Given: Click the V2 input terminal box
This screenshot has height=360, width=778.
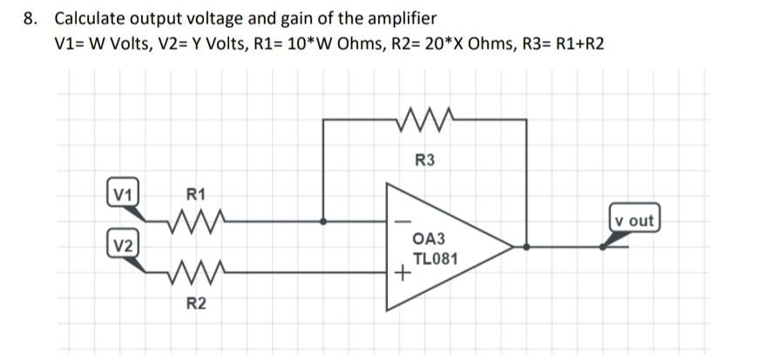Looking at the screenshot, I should pos(123,245).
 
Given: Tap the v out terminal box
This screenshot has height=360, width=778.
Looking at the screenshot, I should pos(634,220).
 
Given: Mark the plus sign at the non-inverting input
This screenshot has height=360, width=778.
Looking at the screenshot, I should pos(402,275).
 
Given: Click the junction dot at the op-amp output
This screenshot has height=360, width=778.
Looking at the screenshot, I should pos(526,248).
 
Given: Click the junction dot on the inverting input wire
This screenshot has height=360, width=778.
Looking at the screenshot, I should pos(323,221).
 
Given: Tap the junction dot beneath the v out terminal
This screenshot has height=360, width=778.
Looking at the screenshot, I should pos(603,248).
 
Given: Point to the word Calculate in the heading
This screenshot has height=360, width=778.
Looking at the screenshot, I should pos(90,18).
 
